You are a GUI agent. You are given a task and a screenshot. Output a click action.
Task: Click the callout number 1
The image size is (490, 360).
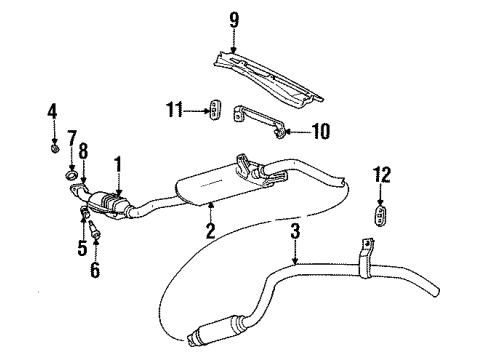(118, 161)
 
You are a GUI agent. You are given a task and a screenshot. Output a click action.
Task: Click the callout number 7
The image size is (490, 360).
(72, 135)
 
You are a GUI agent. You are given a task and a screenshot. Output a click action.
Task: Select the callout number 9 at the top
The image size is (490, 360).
(234, 18)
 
